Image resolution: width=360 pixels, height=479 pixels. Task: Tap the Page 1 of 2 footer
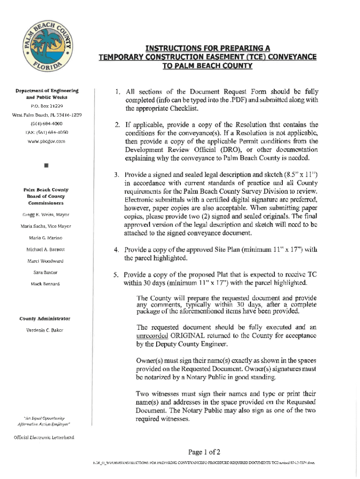point(204,452)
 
